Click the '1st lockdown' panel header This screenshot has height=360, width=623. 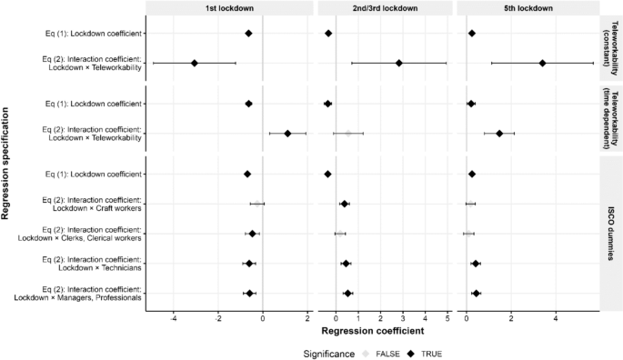pos(230,7)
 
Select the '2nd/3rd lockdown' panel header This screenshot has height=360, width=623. pos(386,7)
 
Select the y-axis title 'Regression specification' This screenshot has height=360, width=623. pos(6,164)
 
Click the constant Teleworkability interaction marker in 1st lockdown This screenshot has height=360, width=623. pos(194,63)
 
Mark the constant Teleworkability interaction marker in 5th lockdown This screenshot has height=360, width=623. pos(542,63)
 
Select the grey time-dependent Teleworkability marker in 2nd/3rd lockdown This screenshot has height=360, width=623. pos(347,133)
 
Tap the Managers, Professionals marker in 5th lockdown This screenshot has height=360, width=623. pos(477,293)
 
